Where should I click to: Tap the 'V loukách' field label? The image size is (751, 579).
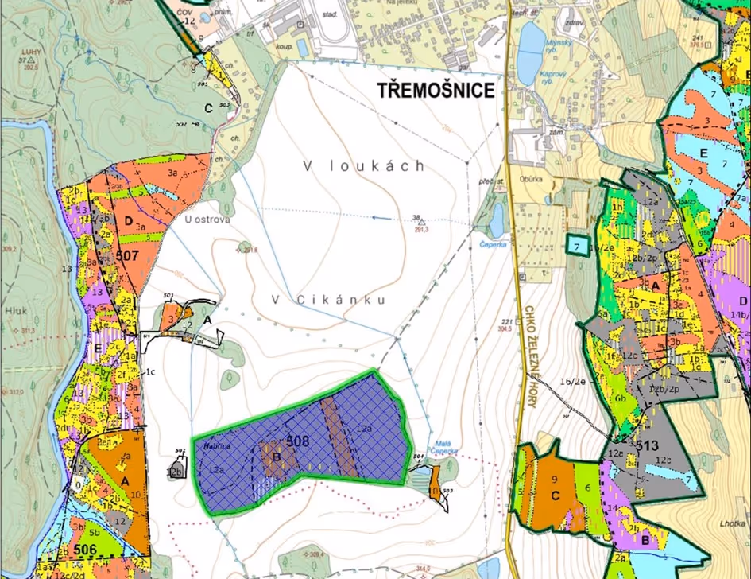pos(363,166)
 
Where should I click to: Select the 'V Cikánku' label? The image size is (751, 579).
pos(328,300)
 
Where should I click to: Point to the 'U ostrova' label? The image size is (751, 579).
pos(200,220)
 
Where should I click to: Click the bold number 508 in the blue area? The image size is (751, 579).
pos(297,441)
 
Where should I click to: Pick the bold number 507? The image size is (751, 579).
pos(127,257)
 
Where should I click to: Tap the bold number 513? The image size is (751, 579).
pos(648,446)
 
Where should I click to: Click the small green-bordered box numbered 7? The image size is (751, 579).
pos(578,247)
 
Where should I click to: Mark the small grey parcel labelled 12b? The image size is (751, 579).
pos(176,469)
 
